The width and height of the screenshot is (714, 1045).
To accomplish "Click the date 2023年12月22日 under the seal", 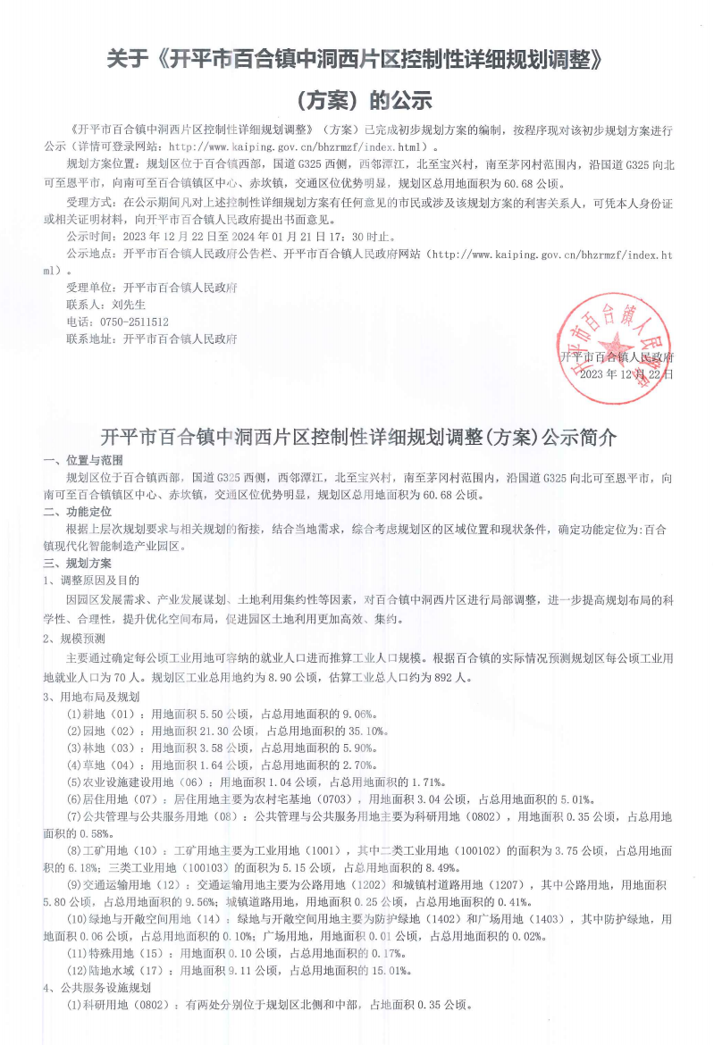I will (626, 374).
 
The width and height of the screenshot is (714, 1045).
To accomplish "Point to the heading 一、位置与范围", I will (82, 461).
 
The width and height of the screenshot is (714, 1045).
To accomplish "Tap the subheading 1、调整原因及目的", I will (92, 581).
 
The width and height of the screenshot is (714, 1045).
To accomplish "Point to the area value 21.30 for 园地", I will (209, 731).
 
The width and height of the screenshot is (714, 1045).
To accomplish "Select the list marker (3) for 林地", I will (77, 748).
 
